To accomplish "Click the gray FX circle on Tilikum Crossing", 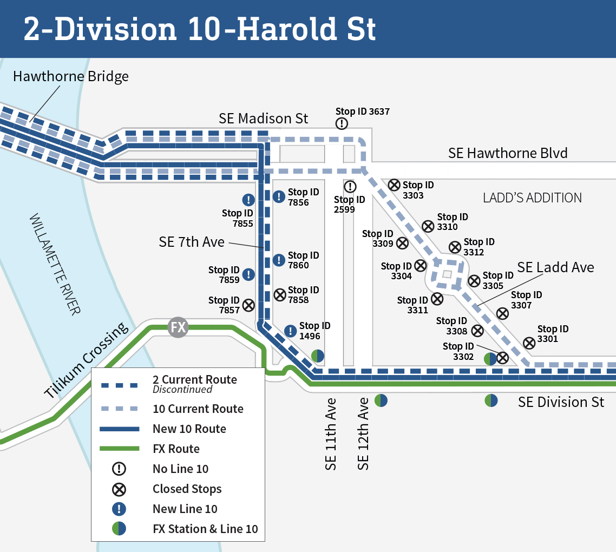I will click(x=178, y=327).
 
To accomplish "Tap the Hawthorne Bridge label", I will click(x=71, y=76).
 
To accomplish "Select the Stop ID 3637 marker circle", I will click(x=342, y=123).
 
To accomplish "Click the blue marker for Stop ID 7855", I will click(x=248, y=200).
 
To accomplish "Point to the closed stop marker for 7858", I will click(x=280, y=295).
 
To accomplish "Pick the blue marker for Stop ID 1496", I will click(x=291, y=331).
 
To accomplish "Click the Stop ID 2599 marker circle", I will click(x=350, y=187).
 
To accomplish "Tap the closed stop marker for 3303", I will click(x=394, y=185).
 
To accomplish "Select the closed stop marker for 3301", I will click(x=529, y=343).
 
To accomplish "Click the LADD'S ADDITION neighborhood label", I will click(x=532, y=198).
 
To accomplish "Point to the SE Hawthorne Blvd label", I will click(x=508, y=153).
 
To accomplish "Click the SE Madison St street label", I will click(x=263, y=119).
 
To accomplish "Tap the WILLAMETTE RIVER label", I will click(x=55, y=265).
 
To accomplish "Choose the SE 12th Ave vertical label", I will click(x=364, y=433).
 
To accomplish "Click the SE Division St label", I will click(x=561, y=402).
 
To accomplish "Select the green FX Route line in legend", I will click(x=120, y=449).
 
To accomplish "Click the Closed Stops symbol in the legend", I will click(x=119, y=489).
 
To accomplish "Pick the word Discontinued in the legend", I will click(x=182, y=390).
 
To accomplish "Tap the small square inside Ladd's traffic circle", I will click(x=447, y=274).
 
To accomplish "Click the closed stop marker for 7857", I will click(x=248, y=305).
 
